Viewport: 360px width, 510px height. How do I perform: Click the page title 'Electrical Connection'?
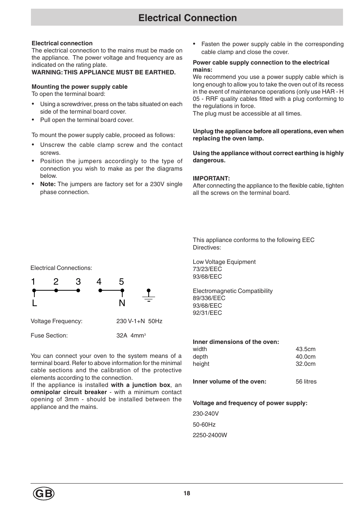pos(188,18)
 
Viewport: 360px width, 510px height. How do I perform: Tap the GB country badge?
pos(44,494)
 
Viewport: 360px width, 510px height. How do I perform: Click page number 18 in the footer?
pos(187,493)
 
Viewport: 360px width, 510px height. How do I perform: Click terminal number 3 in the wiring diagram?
pos(78,282)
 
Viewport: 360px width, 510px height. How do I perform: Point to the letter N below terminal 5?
pos(122,303)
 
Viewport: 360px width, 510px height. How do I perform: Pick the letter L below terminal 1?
pos(34,303)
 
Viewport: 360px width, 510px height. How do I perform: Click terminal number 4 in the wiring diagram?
pos(99,282)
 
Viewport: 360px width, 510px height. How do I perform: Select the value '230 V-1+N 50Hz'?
pos(139,321)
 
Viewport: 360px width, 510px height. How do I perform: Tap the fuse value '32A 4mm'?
pos(131,336)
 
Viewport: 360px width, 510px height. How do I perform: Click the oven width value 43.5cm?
pos(305,349)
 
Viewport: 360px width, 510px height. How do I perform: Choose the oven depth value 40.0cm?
pos(305,357)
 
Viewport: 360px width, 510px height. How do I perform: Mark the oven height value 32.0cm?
pos(305,364)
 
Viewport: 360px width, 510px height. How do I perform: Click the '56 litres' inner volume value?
pos(306,382)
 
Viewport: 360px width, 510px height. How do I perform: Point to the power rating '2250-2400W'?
pos(210,435)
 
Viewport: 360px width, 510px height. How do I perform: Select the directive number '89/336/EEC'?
pos(209,298)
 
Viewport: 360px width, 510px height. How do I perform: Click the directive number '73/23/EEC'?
pos(207,269)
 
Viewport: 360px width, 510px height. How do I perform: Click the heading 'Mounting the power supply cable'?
pos(80,86)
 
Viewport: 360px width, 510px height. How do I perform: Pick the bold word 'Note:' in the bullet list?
pos(48,184)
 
